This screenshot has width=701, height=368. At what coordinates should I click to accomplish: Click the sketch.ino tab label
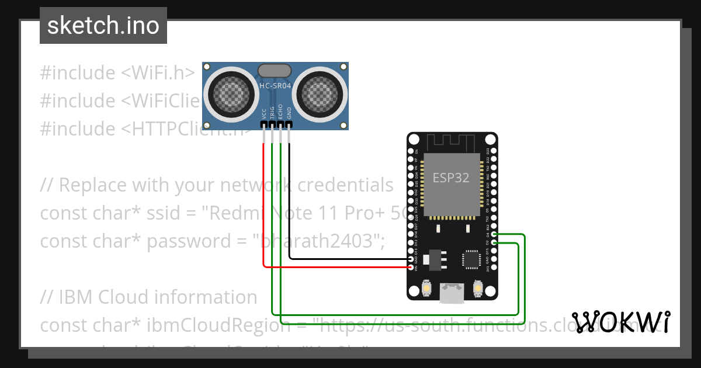click(103, 26)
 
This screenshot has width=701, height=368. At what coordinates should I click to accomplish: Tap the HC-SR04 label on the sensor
click(275, 86)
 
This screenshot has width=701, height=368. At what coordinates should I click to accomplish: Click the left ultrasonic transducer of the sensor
click(229, 92)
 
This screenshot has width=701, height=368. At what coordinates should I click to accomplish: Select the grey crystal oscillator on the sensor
click(275, 71)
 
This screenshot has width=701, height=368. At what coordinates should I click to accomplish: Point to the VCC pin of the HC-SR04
click(264, 124)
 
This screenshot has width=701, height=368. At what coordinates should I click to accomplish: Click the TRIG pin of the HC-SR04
click(272, 124)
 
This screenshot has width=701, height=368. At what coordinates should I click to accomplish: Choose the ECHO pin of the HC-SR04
click(280, 124)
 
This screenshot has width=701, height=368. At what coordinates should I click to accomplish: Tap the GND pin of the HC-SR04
click(289, 124)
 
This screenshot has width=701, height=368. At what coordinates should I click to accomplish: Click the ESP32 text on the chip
click(450, 178)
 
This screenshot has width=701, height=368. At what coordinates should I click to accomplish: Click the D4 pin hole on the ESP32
click(495, 235)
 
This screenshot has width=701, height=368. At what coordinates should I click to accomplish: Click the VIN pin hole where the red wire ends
click(411, 268)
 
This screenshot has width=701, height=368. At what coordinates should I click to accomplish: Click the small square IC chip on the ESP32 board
click(471, 260)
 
